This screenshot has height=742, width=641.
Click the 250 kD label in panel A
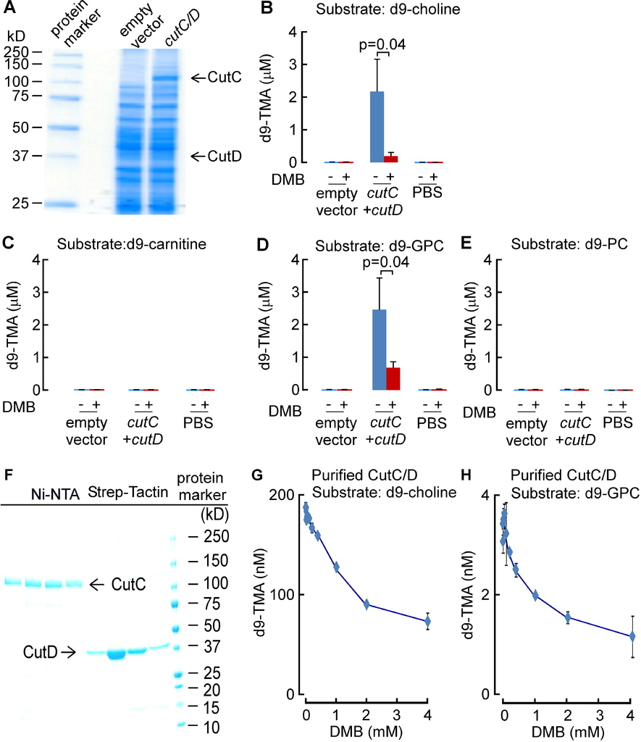[17, 52]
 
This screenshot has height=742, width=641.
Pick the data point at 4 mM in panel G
[427, 621]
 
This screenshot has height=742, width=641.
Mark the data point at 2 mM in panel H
[568, 617]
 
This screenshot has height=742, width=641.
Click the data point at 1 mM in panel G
[336, 567]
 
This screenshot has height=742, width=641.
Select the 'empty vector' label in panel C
[85, 428]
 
